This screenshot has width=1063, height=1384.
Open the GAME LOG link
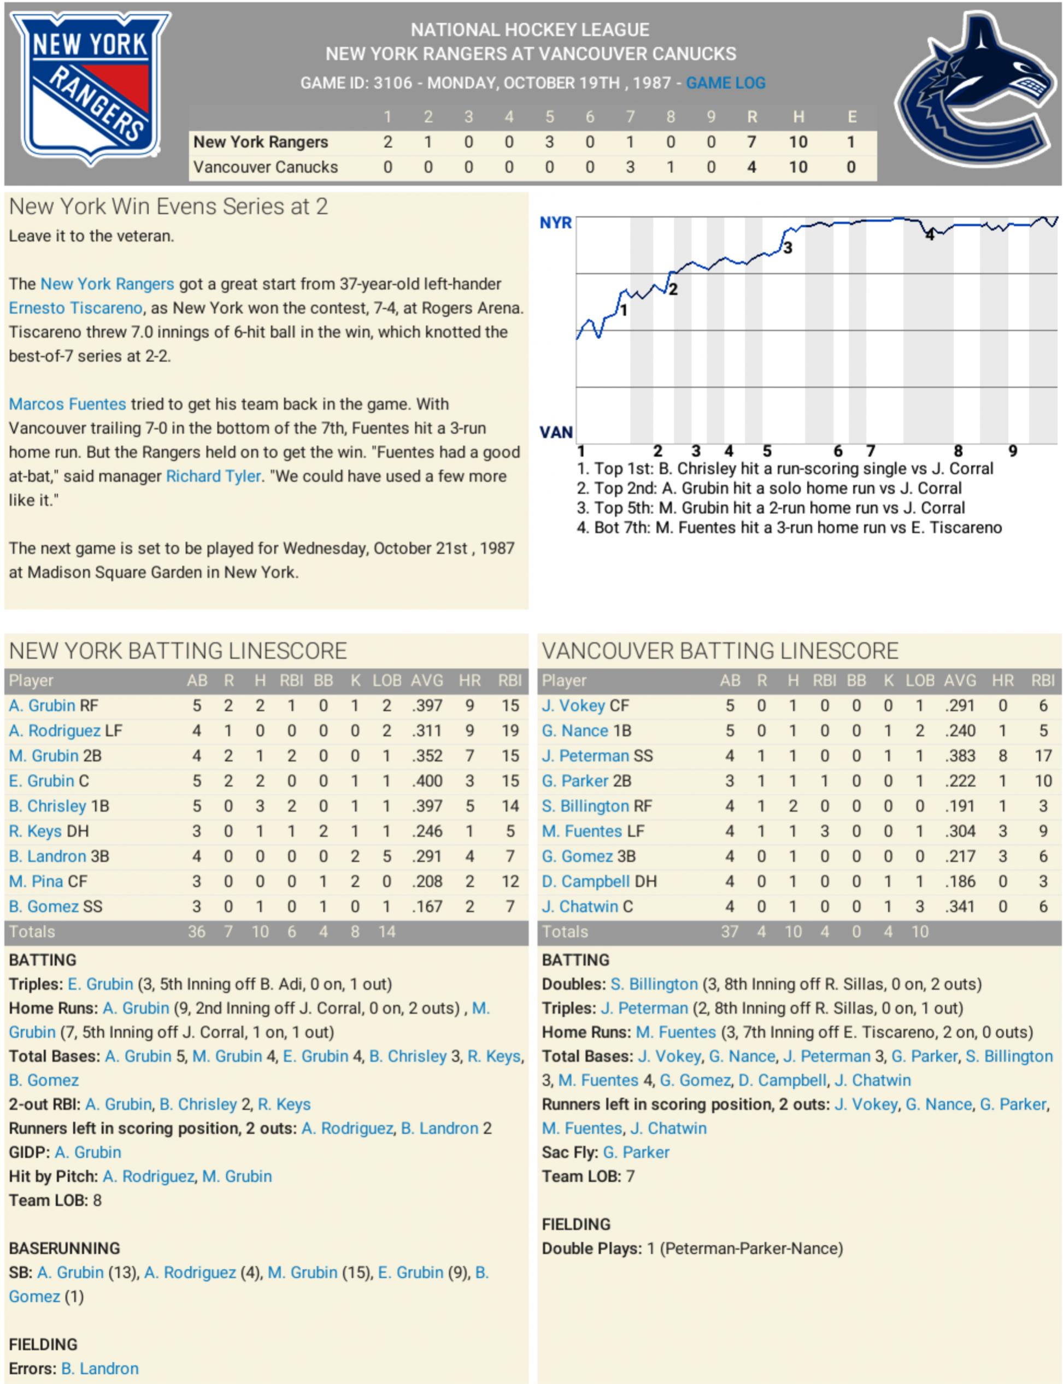(725, 83)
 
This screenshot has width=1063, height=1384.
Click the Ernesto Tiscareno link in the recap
(75, 308)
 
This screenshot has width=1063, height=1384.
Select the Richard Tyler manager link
(213, 476)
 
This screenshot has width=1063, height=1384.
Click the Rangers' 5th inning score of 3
(549, 142)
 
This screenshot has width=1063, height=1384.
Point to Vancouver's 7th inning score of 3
(630, 167)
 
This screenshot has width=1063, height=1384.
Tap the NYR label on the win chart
(555, 223)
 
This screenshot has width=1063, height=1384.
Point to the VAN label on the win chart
(555, 433)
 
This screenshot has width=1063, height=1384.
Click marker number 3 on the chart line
(787, 248)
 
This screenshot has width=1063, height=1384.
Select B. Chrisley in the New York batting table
(48, 806)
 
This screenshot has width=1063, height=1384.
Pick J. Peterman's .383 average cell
(960, 755)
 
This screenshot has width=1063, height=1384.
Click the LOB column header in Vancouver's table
(919, 681)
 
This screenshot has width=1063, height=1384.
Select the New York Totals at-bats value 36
(196, 932)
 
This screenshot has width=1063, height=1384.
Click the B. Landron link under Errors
(100, 1368)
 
